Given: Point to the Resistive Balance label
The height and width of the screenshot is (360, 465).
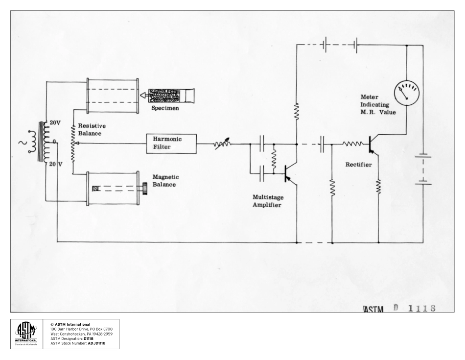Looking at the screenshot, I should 92,129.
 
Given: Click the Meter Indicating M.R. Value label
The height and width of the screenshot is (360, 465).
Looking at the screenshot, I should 377,104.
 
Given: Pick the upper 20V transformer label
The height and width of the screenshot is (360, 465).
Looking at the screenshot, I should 55,122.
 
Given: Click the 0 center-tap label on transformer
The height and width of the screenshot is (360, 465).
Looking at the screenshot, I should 55,142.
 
